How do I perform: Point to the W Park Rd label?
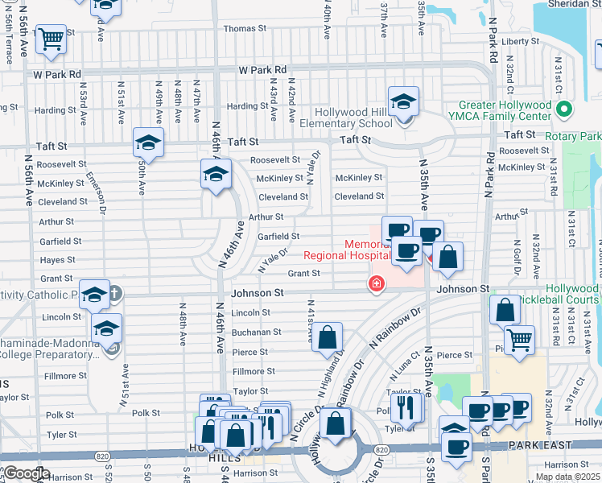pyautogui.click(x=58, y=74)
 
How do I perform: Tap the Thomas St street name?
pyautogui.click(x=239, y=28)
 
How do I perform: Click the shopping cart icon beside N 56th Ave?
pyautogui.click(x=52, y=39)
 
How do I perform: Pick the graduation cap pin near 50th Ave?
pyautogui.click(x=148, y=142)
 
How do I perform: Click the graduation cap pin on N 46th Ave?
pyautogui.click(x=215, y=174)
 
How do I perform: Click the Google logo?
pyautogui.click(x=27, y=473)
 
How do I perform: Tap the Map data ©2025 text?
pyautogui.click(x=567, y=477)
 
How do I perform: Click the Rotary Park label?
pyautogui.click(x=572, y=136)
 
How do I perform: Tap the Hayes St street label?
pyautogui.click(x=58, y=260)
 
